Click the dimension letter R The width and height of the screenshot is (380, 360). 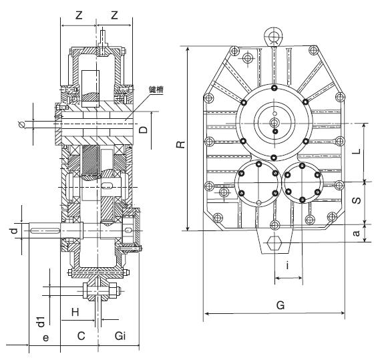click(x=180, y=144)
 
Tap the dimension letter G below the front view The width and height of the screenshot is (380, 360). click(x=280, y=305)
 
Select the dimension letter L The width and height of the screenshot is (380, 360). click(x=356, y=152)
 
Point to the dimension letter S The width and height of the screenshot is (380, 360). click(x=356, y=200)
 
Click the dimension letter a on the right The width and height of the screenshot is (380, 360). click(x=356, y=233)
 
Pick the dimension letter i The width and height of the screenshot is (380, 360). click(x=287, y=265)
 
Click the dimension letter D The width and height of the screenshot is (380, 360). click(x=144, y=130)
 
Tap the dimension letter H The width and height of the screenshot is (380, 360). click(x=75, y=312)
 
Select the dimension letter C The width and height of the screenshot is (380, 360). click(x=81, y=336)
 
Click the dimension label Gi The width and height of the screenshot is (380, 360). click(x=120, y=336)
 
